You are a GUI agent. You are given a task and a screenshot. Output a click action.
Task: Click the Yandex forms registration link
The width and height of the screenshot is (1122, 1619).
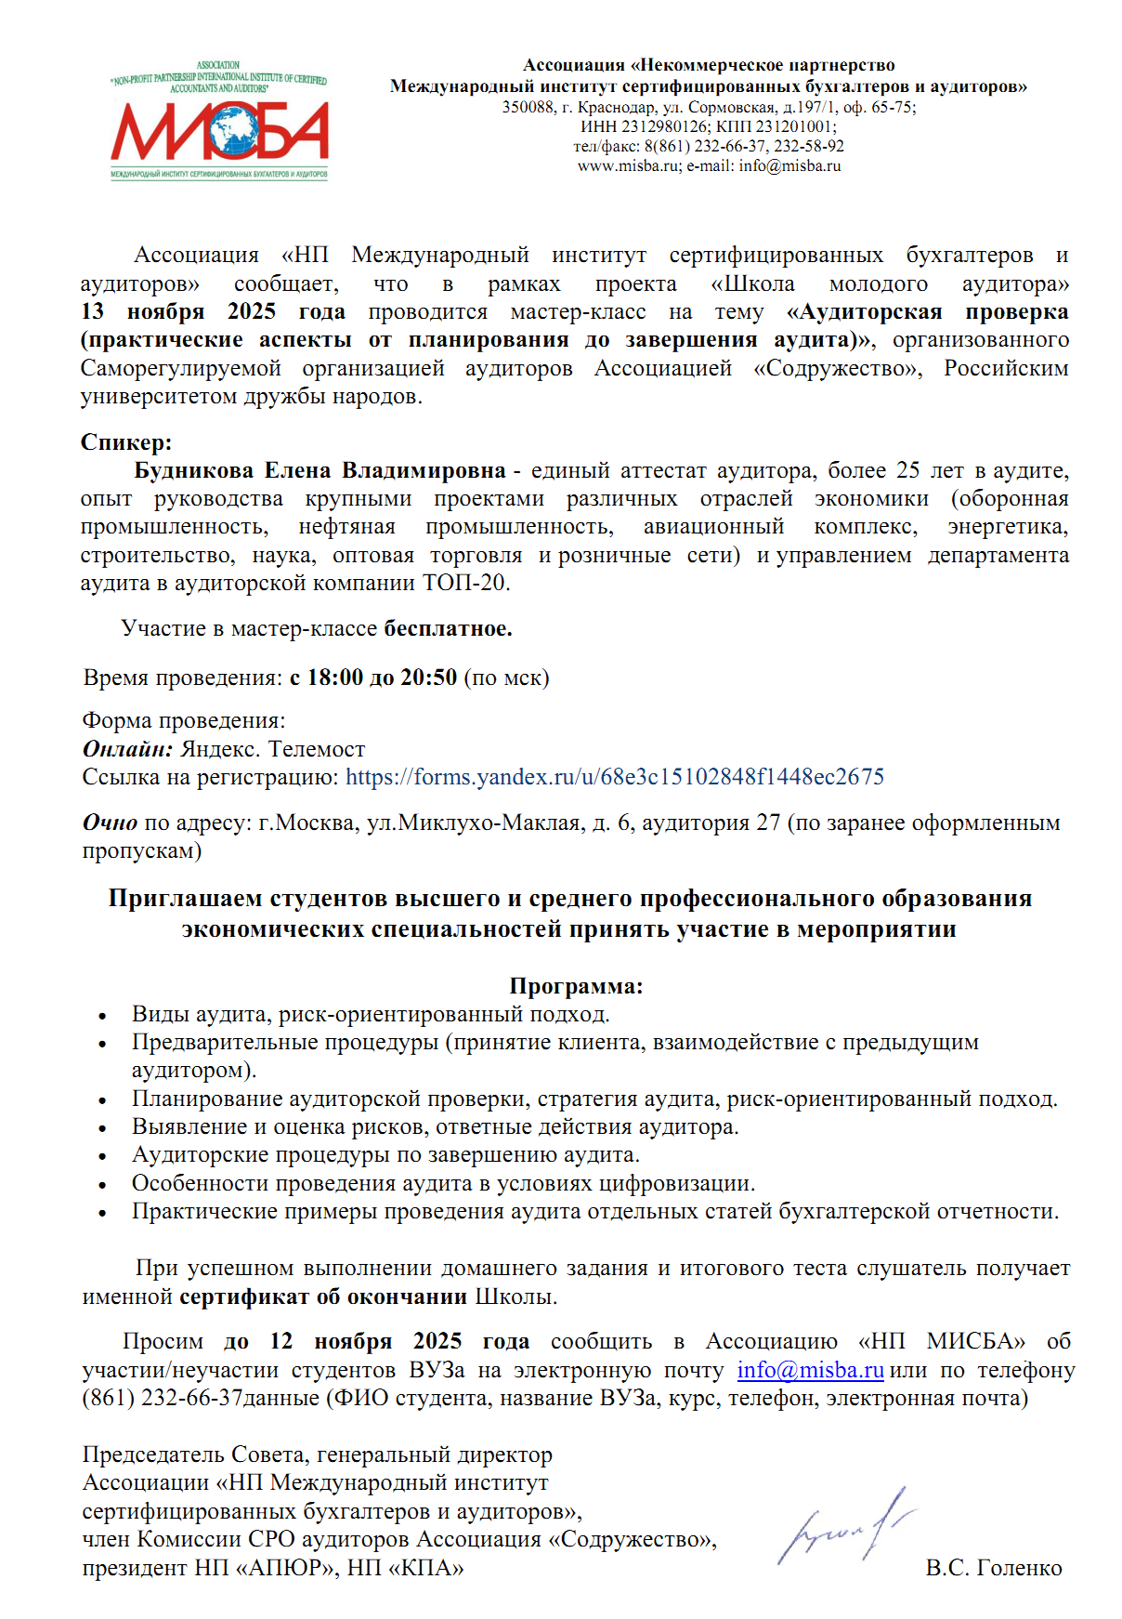[615, 777]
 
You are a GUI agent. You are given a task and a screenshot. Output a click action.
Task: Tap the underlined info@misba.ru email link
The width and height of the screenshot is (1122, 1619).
[810, 1370]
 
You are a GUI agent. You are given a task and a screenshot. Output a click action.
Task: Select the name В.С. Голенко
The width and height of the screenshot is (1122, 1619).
[993, 1568]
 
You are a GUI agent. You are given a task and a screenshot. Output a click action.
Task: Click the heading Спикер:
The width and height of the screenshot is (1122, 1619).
[126, 442]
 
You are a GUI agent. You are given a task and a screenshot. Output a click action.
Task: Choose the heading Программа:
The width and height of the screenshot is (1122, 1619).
[576, 986]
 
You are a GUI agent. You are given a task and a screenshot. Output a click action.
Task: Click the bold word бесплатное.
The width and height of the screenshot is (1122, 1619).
[448, 629]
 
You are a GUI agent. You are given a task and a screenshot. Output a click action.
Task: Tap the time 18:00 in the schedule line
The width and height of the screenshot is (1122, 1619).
[335, 678]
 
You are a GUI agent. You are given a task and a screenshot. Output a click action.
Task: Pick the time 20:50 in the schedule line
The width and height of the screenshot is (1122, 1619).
[428, 678]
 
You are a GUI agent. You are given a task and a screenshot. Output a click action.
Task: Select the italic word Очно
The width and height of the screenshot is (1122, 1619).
[110, 823]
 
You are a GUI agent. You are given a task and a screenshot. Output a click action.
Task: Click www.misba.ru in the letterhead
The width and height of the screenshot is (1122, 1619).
[629, 166]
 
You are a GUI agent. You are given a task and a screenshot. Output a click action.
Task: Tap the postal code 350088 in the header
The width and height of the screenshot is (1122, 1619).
[528, 108]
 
